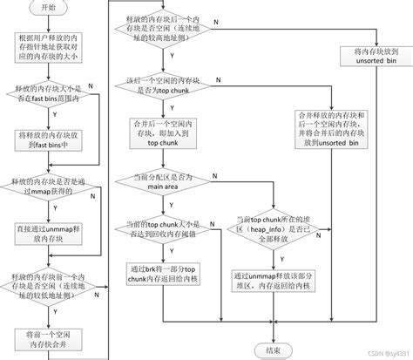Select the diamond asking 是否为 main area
coord(165,180)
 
